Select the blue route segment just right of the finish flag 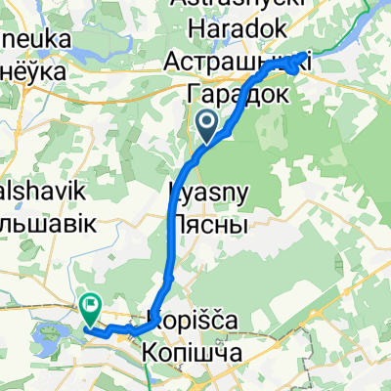pos(115,327)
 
